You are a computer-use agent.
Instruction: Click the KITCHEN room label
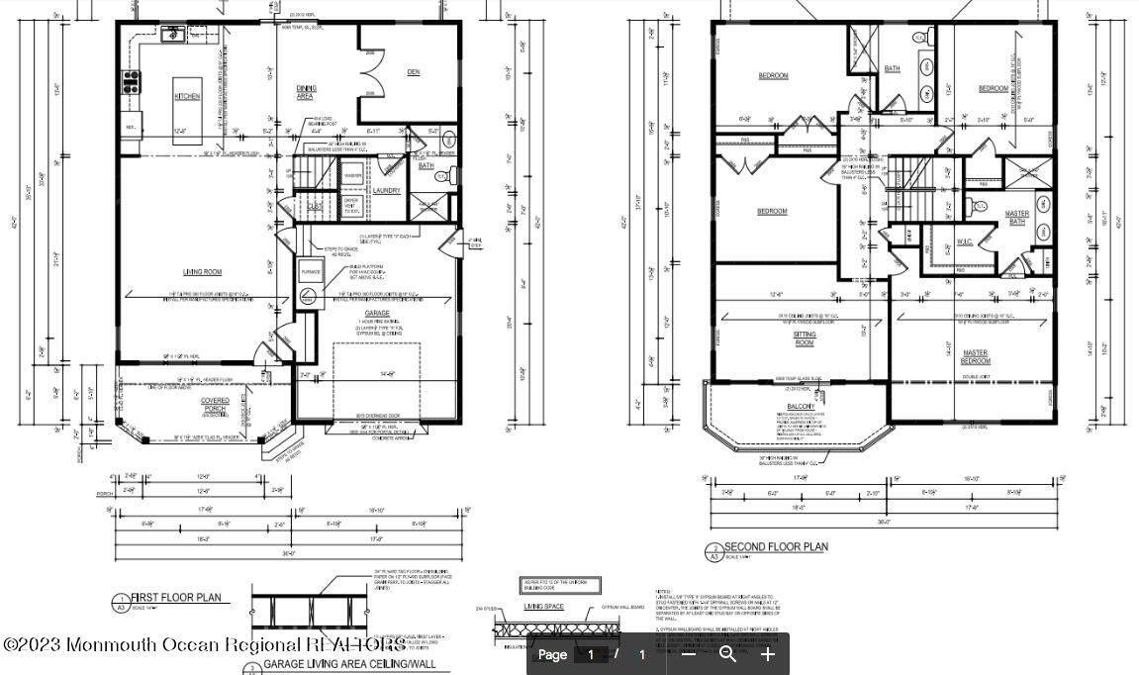tap(187, 96)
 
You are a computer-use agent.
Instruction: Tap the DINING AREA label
tap(306, 92)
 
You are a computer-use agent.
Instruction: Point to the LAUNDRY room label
tap(386, 190)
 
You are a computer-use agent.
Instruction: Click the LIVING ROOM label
tap(201, 272)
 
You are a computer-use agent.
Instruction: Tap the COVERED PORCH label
tap(215, 405)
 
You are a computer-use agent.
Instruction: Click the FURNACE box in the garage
tap(309, 268)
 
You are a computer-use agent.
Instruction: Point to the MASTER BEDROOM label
tap(976, 356)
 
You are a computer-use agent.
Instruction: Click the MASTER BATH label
tap(1016, 218)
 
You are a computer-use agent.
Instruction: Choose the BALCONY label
tap(801, 407)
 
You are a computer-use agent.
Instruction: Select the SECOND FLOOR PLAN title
tap(776, 546)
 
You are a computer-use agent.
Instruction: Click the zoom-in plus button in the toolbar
tap(768, 654)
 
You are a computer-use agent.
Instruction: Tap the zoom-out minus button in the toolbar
tap(689, 654)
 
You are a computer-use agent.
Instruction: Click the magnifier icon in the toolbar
tap(727, 654)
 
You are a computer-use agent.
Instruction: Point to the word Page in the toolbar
tap(552, 654)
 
